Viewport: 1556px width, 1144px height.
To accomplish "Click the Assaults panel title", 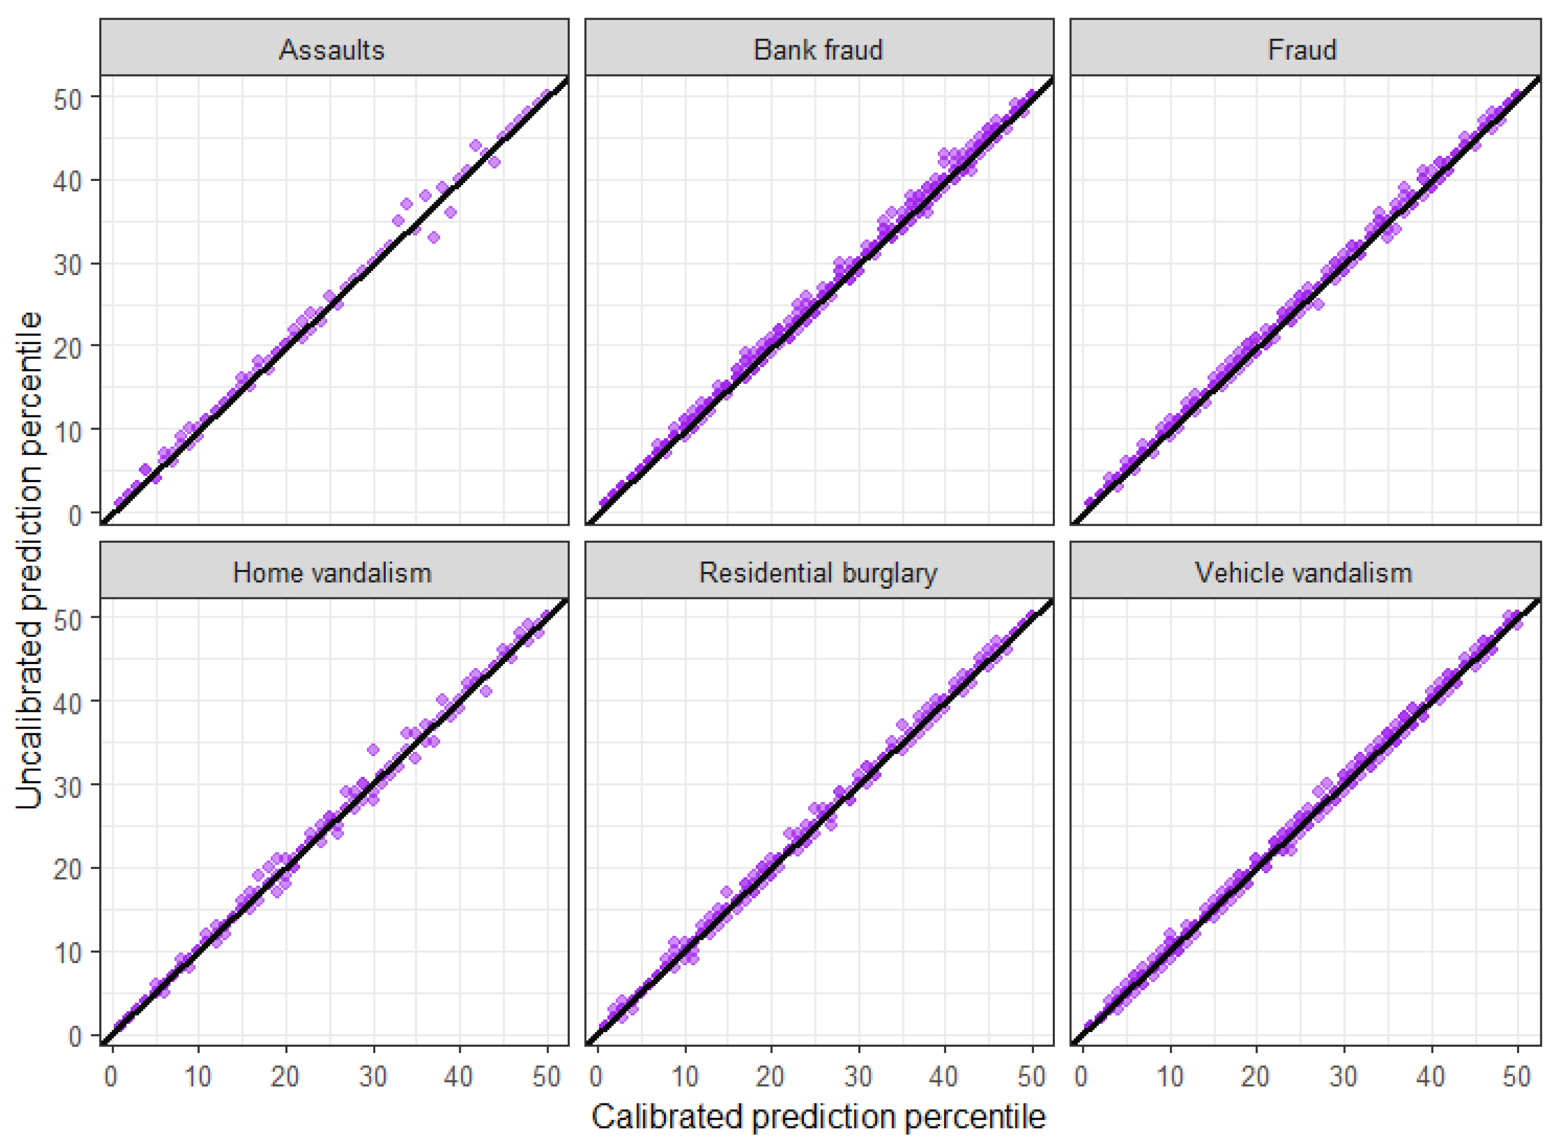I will (x=332, y=50).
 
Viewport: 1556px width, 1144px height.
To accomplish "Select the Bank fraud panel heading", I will (x=818, y=50).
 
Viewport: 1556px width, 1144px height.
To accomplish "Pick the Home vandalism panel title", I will (x=332, y=573).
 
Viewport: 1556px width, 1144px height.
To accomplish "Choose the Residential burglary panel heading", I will (x=818, y=573).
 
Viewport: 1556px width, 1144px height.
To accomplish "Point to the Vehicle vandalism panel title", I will (x=1303, y=573).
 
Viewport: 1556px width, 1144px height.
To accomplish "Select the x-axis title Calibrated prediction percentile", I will (x=818, y=1116).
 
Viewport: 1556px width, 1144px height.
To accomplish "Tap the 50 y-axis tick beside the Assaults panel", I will (x=68, y=98).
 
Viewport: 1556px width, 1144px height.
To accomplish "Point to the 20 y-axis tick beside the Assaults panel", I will (x=68, y=348).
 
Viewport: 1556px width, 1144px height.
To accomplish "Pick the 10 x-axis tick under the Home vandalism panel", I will (x=198, y=1077).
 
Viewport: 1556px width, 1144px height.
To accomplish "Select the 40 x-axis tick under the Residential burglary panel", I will (x=944, y=1077).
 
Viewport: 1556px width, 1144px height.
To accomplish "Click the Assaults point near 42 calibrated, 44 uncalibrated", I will (x=476, y=146).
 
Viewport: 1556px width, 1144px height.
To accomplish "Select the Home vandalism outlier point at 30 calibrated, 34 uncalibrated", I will (x=373, y=749).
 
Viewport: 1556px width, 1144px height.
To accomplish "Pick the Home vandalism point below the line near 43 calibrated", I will (x=486, y=691).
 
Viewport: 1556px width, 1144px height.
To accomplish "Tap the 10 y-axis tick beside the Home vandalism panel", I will (x=68, y=953).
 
